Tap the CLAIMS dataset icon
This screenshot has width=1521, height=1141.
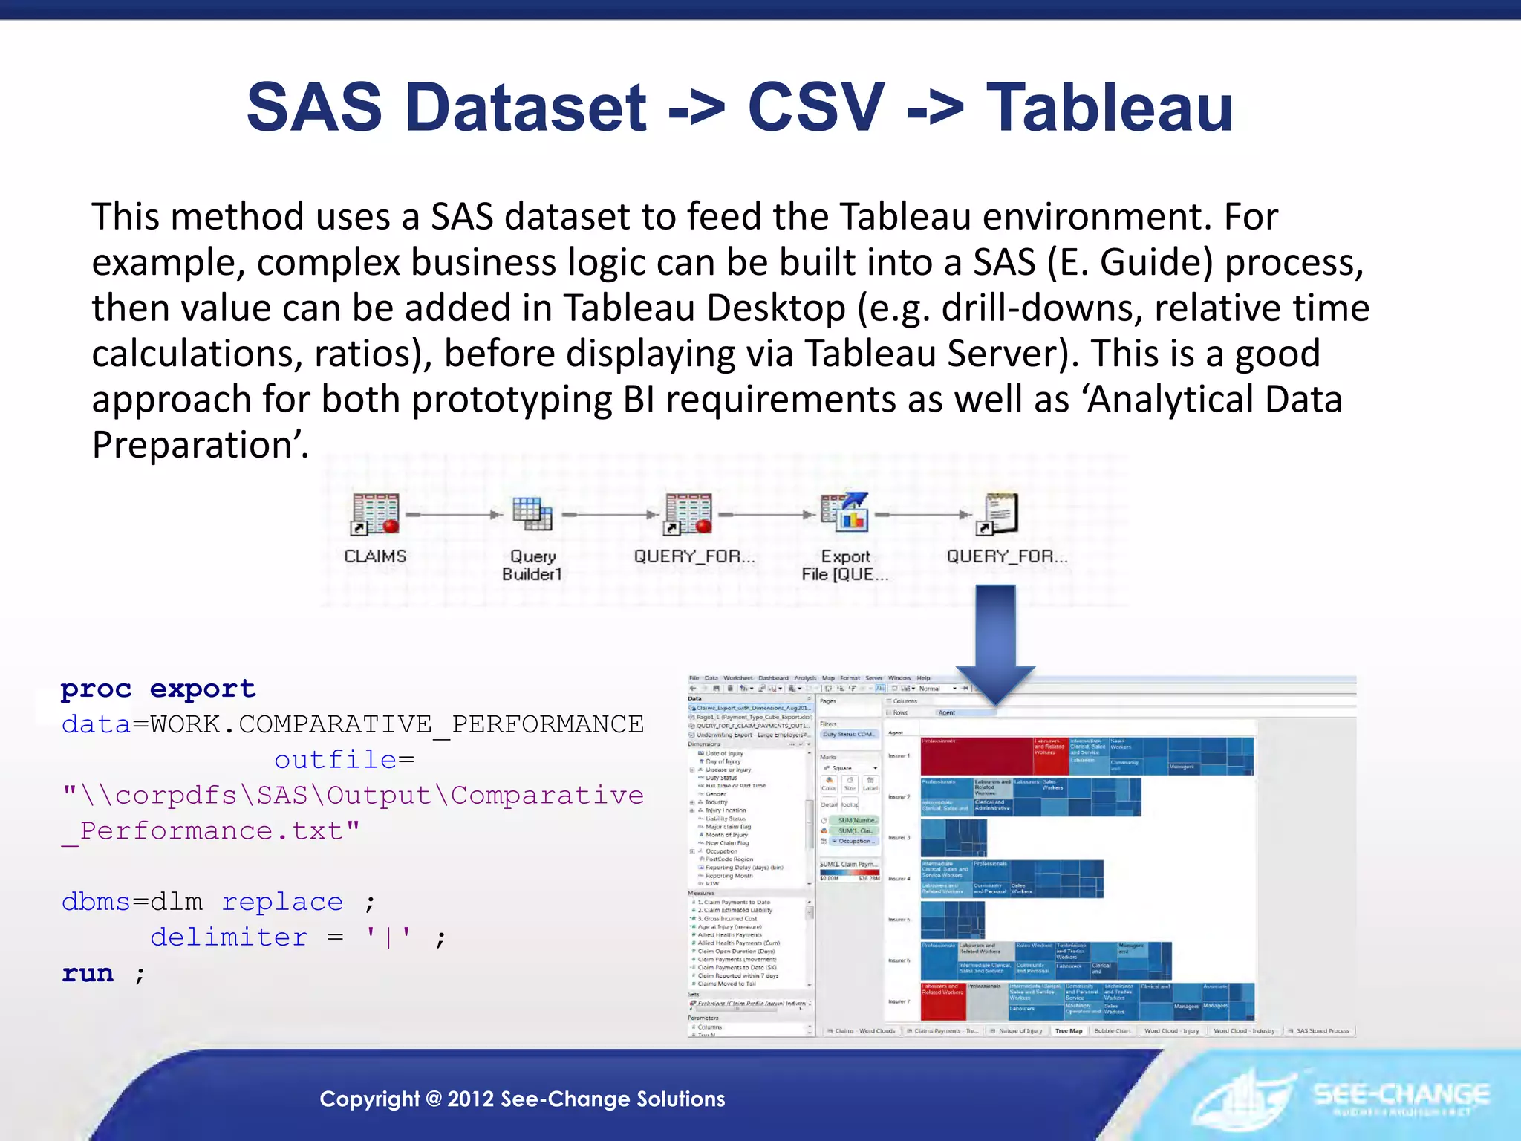click(x=376, y=513)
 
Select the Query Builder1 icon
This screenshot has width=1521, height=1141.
click(x=532, y=513)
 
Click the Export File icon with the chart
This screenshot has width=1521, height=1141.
click(x=845, y=513)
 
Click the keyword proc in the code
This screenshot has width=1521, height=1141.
click(x=96, y=689)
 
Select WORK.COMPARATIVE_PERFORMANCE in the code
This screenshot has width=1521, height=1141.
click(x=397, y=724)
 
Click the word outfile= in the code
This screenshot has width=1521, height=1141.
click(x=344, y=760)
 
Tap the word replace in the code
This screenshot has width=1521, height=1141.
click(x=282, y=902)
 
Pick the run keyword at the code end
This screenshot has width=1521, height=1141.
click(x=88, y=973)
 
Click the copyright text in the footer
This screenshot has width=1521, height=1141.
click(x=522, y=1099)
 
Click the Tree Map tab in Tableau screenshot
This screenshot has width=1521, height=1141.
click(x=1069, y=1031)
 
